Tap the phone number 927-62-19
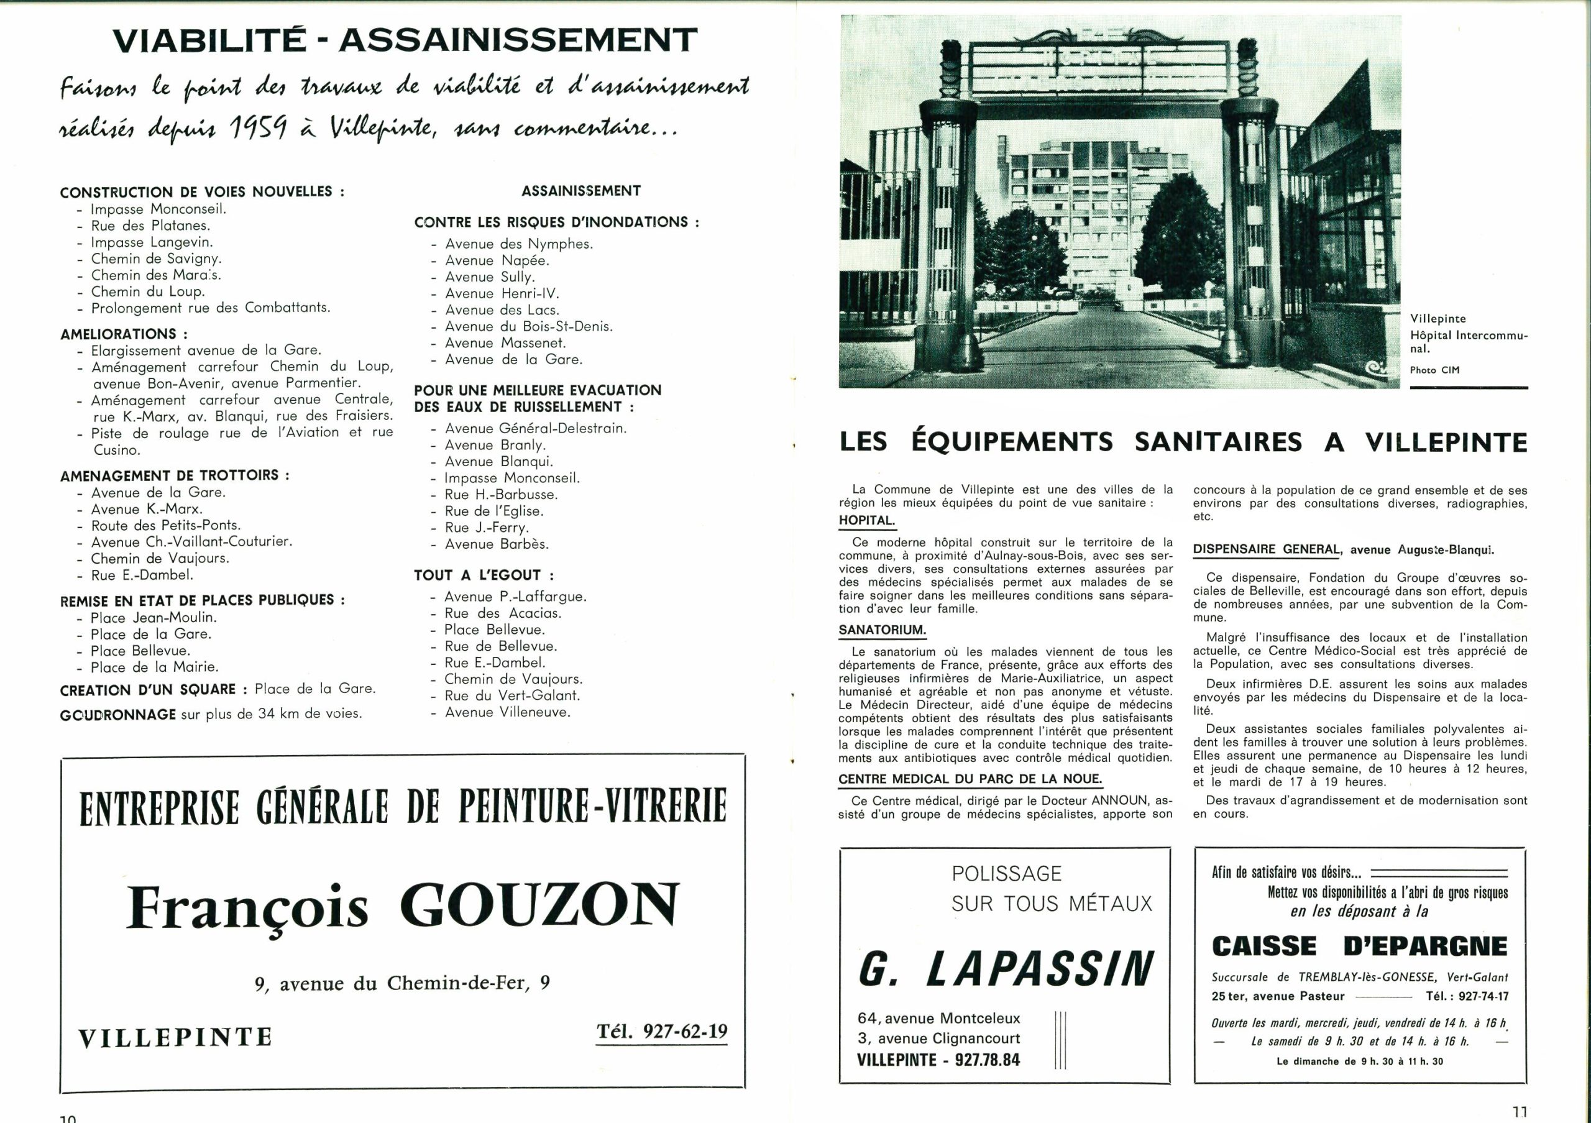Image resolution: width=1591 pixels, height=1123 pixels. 663,1032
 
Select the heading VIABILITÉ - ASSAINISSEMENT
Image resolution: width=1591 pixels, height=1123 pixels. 405,40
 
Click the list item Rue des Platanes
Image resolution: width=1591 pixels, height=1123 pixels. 150,226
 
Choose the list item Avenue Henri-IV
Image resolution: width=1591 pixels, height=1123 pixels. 502,293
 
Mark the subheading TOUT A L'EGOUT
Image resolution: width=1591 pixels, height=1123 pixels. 484,575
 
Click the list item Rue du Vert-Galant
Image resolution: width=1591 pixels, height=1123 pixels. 512,695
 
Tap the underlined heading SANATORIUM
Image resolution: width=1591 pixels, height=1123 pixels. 882,630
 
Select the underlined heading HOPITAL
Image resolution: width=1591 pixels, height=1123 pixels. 867,520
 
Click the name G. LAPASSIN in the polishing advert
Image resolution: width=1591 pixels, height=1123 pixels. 1006,968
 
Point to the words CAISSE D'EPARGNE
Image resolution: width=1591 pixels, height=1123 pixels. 1360,946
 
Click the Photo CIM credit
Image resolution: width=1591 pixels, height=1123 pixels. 1434,370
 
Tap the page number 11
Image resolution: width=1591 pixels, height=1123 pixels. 1520,1112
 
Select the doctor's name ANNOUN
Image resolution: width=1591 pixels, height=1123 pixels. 1119,800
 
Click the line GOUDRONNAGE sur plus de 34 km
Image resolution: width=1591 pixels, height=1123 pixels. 211,713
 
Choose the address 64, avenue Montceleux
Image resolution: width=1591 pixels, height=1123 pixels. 939,1018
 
